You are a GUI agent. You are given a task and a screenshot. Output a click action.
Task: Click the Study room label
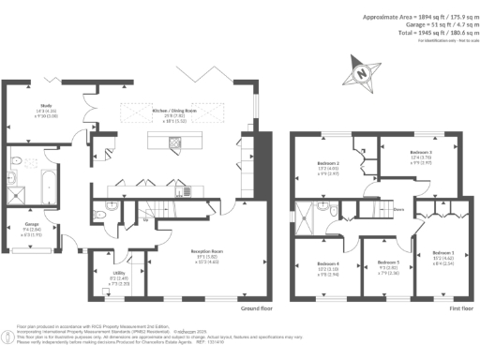[x=47, y=108]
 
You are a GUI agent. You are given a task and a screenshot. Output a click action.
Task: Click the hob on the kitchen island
[x=175, y=143]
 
